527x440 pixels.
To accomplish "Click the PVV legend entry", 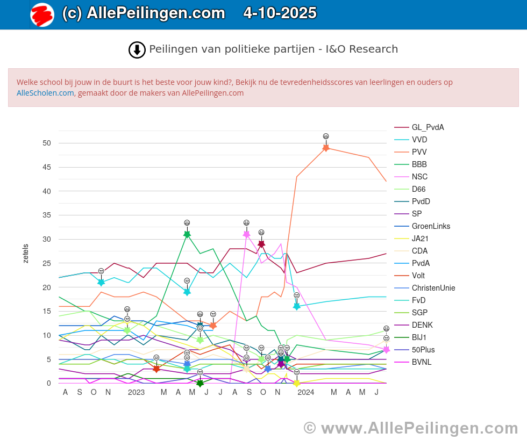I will coord(419,152).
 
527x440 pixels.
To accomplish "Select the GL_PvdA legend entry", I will coord(428,127).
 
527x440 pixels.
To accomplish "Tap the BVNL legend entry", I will coord(422,362).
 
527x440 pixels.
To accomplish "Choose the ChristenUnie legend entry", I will coord(433,288).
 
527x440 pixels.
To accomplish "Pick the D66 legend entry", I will coord(419,189).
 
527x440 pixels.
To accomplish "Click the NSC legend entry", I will coord(419,177).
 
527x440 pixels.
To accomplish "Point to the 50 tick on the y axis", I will coord(47,143).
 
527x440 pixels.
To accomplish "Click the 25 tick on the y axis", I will coord(47,263).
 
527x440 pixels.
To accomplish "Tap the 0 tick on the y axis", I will coord(49,383).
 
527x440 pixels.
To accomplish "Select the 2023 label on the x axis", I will coord(136,393).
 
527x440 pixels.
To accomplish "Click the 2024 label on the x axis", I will coord(305,393).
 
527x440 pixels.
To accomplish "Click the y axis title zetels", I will coord(26,254).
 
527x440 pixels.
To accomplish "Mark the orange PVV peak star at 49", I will coord(326,148).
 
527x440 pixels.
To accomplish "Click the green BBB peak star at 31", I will coord(187,234).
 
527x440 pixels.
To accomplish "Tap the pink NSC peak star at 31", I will coord(246,234).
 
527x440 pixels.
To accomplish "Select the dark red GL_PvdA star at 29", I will coord(261,244).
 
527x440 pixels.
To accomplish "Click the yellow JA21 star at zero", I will coord(296,383).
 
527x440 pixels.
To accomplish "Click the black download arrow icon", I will coord(137,50).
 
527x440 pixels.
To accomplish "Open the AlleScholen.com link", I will coord(45,93).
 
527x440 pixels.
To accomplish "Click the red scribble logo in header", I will coord(42,15).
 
